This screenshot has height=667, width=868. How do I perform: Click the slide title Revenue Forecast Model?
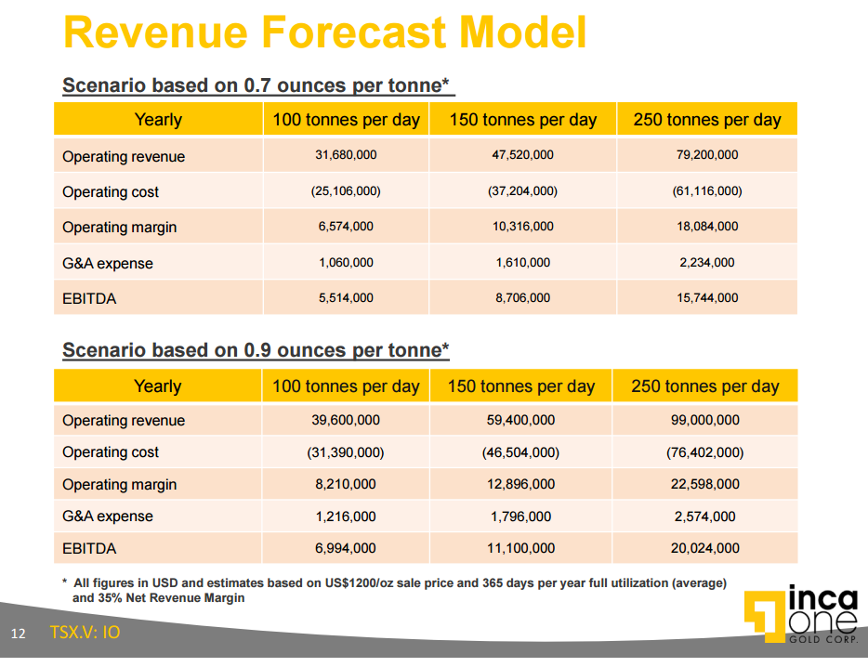coord(324,33)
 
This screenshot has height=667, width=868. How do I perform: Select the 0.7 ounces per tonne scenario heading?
coord(257,85)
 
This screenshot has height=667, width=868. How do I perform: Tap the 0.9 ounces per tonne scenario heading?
coord(256,350)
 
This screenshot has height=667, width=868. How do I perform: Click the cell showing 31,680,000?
coord(346,155)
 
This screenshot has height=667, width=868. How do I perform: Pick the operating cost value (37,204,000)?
coord(522,190)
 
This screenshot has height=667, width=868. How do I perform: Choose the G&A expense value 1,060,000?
coord(346,262)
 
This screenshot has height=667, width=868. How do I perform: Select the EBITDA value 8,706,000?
coord(522,297)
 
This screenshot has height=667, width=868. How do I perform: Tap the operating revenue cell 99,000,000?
coord(704,420)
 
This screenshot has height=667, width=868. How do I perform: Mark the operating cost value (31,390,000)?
coord(346,452)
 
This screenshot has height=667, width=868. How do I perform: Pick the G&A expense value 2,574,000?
coord(704,517)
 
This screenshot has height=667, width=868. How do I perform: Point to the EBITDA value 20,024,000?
coord(704,548)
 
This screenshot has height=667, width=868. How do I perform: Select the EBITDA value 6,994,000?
coord(346,548)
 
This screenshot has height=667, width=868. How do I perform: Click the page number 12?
coord(19,634)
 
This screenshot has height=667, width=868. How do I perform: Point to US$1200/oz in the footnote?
coord(362,583)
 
